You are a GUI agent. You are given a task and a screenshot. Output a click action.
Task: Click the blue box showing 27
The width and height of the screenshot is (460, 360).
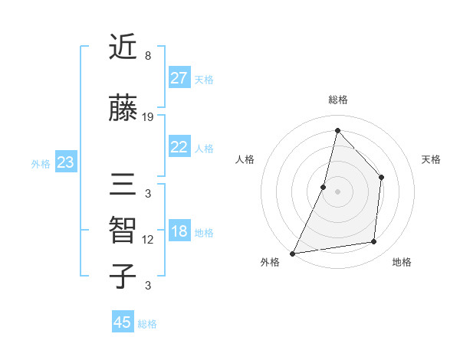[x=179, y=78]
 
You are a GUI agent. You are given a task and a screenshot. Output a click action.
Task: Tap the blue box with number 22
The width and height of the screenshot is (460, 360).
[x=179, y=147]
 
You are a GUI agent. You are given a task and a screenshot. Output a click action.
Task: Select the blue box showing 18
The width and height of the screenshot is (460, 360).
[x=179, y=232]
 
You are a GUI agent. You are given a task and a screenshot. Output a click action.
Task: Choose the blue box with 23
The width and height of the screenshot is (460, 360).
[x=65, y=162]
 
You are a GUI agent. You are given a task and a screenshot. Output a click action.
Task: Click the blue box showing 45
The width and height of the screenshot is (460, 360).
[x=123, y=322]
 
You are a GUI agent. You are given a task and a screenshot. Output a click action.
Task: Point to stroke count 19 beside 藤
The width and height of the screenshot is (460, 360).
[x=148, y=117]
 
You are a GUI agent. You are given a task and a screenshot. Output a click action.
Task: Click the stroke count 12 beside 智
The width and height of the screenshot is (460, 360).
[x=148, y=240]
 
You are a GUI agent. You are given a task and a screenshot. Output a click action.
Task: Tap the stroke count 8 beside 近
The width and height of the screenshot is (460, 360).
[x=148, y=56]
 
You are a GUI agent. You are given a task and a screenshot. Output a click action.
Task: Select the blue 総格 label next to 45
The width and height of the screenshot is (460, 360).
[x=147, y=324]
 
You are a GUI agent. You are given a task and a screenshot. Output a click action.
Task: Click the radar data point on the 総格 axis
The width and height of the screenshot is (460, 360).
[x=337, y=130]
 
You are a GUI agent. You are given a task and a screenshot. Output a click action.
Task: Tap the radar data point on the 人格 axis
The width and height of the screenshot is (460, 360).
[x=324, y=187]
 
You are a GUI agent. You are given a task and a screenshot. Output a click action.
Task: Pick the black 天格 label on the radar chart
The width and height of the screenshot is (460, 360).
[x=431, y=159]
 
